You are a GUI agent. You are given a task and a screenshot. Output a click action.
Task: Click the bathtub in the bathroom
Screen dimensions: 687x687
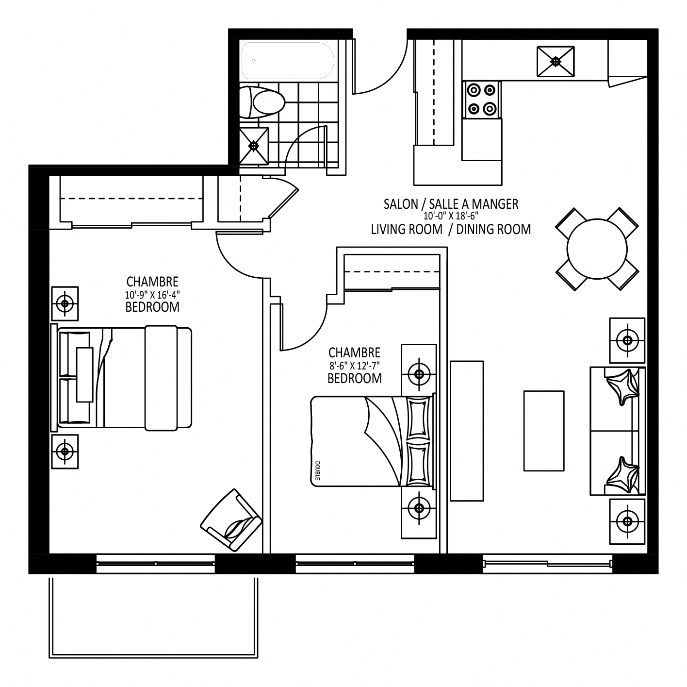point(288,61)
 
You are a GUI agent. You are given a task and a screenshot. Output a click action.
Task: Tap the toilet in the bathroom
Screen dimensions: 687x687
point(262,102)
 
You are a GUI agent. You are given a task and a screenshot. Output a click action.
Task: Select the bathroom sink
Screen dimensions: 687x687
point(253,146)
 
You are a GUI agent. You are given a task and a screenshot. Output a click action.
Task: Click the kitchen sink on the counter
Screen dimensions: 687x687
point(556,61)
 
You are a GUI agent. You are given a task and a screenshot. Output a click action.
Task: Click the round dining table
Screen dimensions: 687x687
point(597,249)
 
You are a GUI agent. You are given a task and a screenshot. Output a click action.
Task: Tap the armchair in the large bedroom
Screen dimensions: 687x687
point(231,520)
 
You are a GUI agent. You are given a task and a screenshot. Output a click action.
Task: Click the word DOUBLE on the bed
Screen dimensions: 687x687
point(317,470)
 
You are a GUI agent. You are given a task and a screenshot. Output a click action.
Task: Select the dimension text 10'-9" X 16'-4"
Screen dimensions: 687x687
point(152,295)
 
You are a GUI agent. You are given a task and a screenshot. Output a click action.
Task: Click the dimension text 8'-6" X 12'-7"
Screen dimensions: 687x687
point(354,366)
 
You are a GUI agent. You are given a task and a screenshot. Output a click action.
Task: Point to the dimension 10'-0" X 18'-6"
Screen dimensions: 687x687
point(451,216)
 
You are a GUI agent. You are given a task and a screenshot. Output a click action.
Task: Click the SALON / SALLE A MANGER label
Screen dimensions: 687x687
point(451,204)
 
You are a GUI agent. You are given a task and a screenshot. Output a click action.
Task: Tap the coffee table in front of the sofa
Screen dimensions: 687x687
point(544,431)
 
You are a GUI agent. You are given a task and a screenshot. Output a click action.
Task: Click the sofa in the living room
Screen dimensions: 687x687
point(618,431)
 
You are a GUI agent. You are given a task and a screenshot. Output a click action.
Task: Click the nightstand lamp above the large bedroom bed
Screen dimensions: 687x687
point(65,303)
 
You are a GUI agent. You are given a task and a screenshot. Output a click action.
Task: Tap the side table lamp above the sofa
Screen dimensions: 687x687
point(627,340)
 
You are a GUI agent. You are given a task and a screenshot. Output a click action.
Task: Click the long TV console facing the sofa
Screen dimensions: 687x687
point(467,431)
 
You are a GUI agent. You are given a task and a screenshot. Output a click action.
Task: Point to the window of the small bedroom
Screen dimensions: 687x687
point(355,564)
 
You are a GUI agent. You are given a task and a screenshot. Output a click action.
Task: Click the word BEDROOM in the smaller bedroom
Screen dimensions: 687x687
point(354,378)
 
